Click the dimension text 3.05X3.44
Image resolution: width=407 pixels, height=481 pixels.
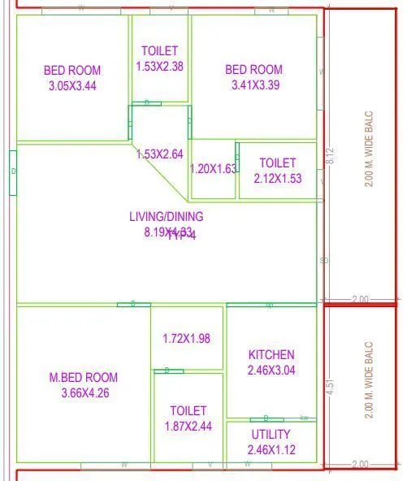pyautogui.click(x=72, y=85)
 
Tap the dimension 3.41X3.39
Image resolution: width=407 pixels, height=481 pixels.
pyautogui.click(x=254, y=84)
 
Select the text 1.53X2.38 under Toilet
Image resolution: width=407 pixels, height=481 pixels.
pyautogui.click(x=160, y=66)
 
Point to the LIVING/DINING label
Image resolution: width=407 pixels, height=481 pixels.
pyautogui.click(x=167, y=216)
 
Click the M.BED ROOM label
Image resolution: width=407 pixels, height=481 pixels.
pyautogui.click(x=84, y=377)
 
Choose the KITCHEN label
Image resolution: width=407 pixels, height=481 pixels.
pyautogui.click(x=271, y=355)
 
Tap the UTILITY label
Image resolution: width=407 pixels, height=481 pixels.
pyautogui.click(x=271, y=435)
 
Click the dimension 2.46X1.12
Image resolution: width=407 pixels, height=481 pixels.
pyautogui.click(x=271, y=449)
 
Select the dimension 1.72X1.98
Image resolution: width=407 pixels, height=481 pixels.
pyautogui.click(x=187, y=338)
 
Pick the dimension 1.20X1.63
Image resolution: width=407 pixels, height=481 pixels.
pyautogui.click(x=213, y=170)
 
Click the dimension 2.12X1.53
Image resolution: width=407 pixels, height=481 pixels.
pyautogui.click(x=278, y=179)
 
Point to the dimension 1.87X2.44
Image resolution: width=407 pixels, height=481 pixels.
pyautogui.click(x=188, y=426)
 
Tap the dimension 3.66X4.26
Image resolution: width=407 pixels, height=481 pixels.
pyautogui.click(x=84, y=393)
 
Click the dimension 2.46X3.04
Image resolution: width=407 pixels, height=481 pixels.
pyautogui.click(x=271, y=370)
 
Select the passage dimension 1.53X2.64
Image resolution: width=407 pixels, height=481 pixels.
pyautogui.click(x=160, y=154)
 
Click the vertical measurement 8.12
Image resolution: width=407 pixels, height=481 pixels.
pyautogui.click(x=329, y=155)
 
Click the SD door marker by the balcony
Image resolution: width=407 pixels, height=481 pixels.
pyautogui.click(x=324, y=262)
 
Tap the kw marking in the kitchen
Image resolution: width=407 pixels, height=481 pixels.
pyautogui.click(x=304, y=418)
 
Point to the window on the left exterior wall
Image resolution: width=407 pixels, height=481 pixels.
pyautogui.click(x=13, y=171)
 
